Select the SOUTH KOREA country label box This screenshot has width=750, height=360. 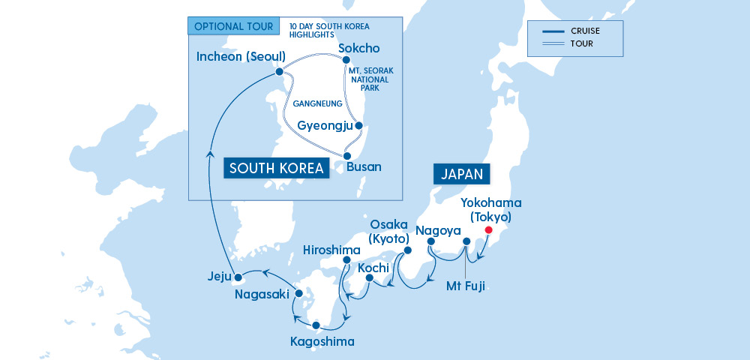[x=277, y=168]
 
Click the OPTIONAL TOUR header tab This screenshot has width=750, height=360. [x=233, y=25]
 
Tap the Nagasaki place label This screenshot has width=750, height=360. [x=262, y=295]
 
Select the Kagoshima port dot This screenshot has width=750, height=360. [x=316, y=325]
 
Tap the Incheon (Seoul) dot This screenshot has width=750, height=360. [x=278, y=72]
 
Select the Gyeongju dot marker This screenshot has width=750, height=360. [x=358, y=126]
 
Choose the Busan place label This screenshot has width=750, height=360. [x=364, y=166]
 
